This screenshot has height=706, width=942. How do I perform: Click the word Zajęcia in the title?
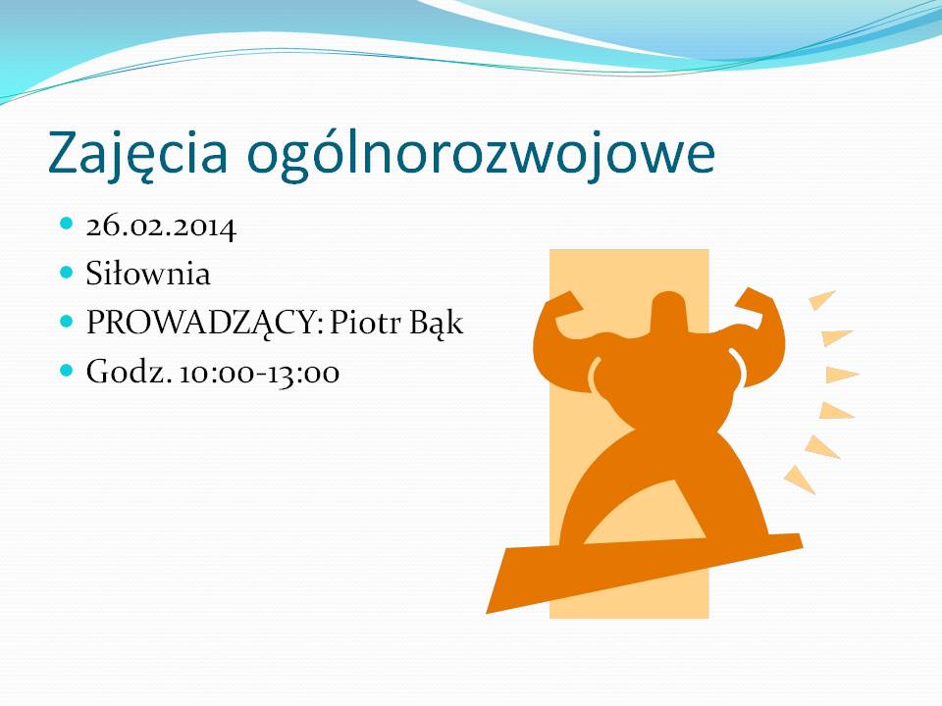[x=137, y=153]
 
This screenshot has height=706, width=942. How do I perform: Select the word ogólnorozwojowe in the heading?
[x=481, y=154]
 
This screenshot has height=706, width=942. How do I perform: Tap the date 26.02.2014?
[x=161, y=227]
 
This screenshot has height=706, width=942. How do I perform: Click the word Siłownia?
[x=148, y=274]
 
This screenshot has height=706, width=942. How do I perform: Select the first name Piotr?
[x=365, y=323]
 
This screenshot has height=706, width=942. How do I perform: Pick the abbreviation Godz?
[x=129, y=371]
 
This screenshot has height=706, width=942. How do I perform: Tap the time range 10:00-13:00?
[x=259, y=373]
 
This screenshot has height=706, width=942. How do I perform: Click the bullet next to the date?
[x=67, y=224]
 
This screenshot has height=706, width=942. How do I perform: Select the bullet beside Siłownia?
[x=67, y=273]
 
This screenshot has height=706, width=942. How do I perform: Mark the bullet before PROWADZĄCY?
[x=67, y=322]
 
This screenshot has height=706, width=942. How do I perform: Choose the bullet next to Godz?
[x=67, y=370]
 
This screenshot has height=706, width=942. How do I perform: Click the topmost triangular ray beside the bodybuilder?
[x=820, y=299]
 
